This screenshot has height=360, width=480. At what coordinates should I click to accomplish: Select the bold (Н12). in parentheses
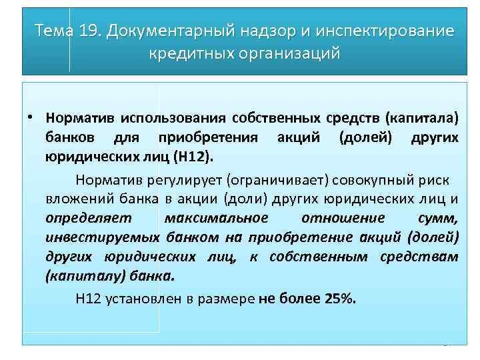[x=194, y=157]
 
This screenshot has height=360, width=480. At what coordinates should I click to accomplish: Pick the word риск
[x=435, y=179]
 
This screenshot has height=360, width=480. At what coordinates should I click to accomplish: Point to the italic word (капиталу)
[x=75, y=276]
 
